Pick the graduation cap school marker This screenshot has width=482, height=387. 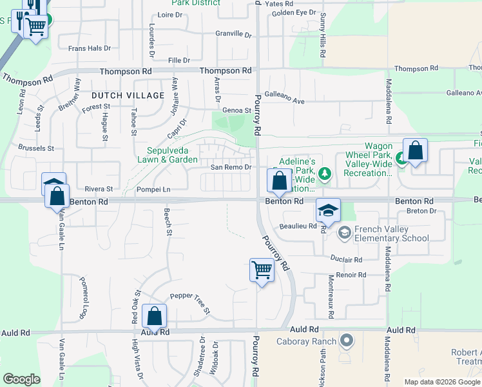click(x=328, y=211)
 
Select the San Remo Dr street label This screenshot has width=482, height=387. click(x=231, y=167)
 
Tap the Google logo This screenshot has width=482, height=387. click(x=22, y=379)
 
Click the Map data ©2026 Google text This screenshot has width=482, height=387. click(x=441, y=382)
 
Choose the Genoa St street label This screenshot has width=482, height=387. click(x=236, y=110)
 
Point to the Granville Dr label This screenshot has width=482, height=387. click(x=233, y=34)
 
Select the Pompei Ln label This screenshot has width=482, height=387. click(x=153, y=190)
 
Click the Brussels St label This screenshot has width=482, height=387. click(x=36, y=148)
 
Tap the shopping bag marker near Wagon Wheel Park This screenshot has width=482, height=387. click(x=416, y=152)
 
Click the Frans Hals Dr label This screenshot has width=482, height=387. click(x=90, y=48)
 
